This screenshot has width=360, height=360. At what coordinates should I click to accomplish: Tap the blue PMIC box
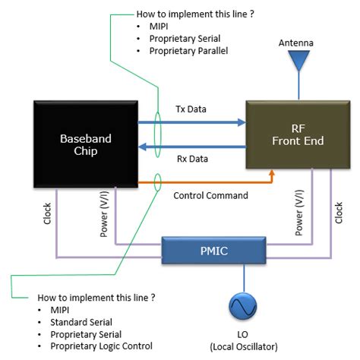pos(207,251)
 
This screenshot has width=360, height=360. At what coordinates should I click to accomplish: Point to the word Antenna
pos(295,42)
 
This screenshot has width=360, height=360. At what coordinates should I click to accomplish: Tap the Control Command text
pos(210,195)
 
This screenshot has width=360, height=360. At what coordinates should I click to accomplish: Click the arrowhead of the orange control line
pos(271,174)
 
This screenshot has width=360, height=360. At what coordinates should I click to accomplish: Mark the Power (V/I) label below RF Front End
pos(298,215)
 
